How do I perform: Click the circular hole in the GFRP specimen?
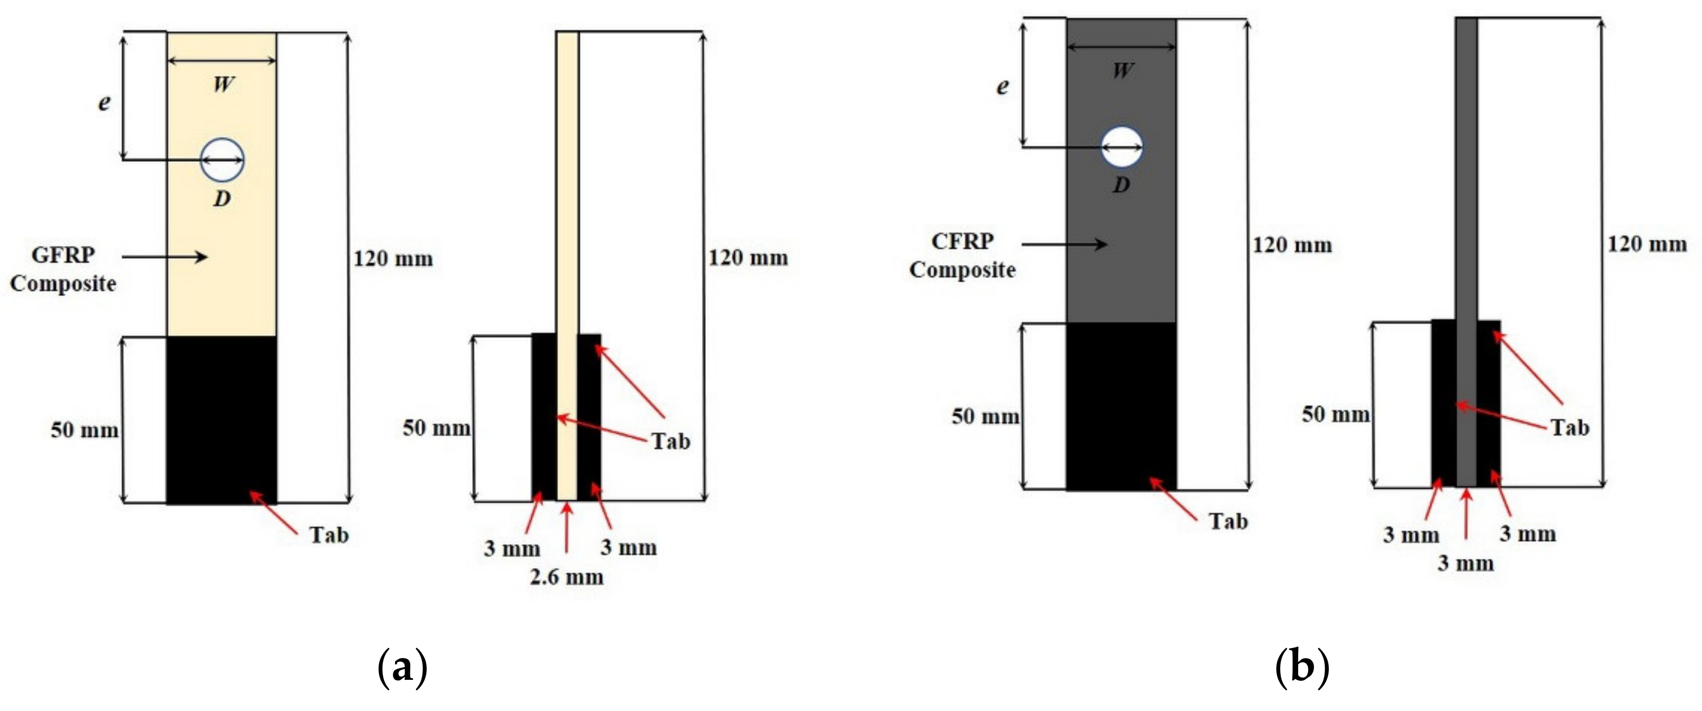point(222,160)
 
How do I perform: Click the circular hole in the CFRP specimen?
point(1121,147)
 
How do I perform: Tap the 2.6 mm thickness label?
point(567,577)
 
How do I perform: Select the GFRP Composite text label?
point(63,269)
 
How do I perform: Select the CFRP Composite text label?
point(962,256)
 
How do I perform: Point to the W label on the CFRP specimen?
point(1123,71)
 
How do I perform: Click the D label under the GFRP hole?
point(222,198)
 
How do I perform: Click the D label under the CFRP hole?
point(1121,185)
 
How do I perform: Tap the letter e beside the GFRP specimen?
point(104,102)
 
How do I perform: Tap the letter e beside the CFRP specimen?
point(1003,86)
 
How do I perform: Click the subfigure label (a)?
point(402,668)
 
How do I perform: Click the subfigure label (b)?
point(1301,668)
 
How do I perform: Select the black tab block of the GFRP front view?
point(222,420)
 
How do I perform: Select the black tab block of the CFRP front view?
point(1121,406)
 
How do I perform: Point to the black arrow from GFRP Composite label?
point(165,256)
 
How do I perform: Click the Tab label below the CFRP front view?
point(1228,522)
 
